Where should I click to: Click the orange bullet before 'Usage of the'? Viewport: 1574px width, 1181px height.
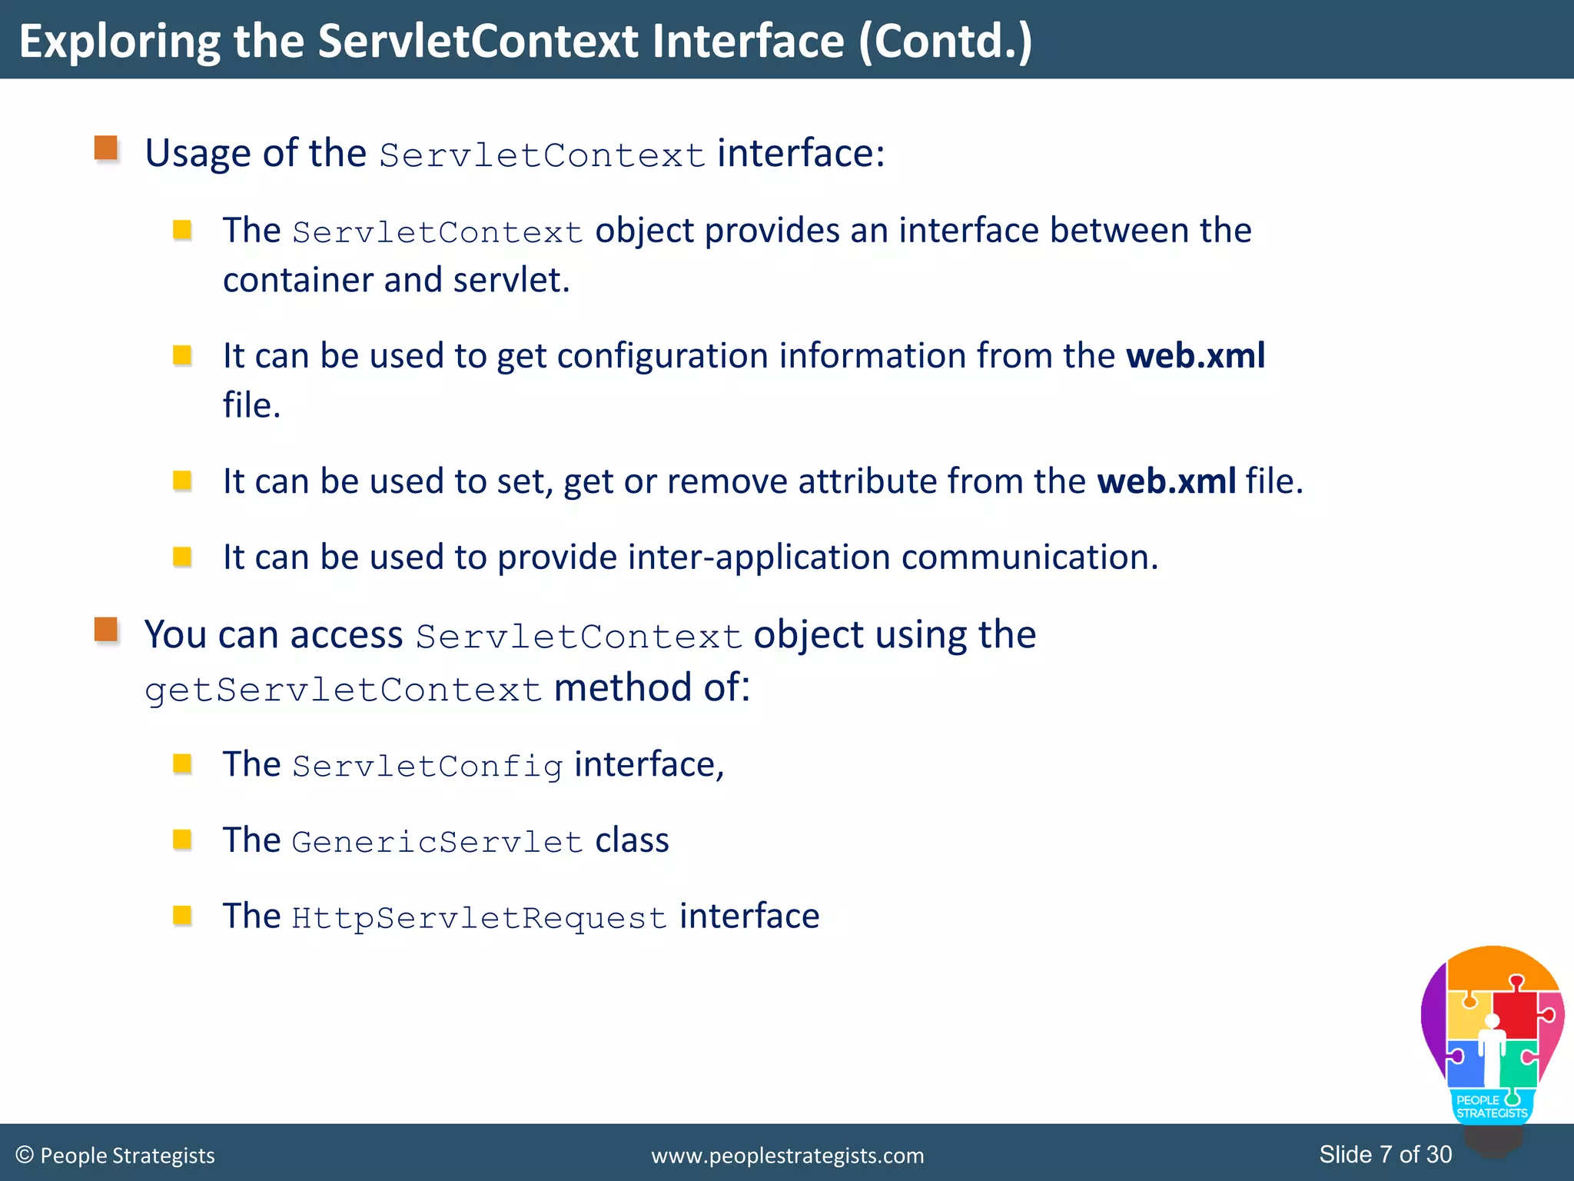(106, 148)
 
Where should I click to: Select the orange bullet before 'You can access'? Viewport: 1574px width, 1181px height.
(106, 630)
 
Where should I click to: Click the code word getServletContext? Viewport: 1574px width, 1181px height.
(344, 690)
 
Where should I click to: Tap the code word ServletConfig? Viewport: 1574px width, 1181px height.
(427, 766)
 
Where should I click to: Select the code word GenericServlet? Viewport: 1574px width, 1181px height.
(437, 842)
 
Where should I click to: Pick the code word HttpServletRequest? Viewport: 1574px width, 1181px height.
(479, 918)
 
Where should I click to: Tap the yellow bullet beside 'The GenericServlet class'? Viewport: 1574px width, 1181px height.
(182, 839)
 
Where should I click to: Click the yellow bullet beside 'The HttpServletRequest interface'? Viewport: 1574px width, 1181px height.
(182, 915)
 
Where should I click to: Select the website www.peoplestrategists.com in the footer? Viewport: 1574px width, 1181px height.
(787, 1156)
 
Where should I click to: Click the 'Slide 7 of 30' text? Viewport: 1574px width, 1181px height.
(1385, 1154)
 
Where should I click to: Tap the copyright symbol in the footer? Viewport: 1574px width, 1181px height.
(25, 1155)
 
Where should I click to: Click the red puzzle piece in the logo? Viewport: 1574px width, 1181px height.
(1515, 1013)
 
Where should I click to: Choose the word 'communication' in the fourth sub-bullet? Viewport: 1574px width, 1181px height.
(1029, 557)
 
